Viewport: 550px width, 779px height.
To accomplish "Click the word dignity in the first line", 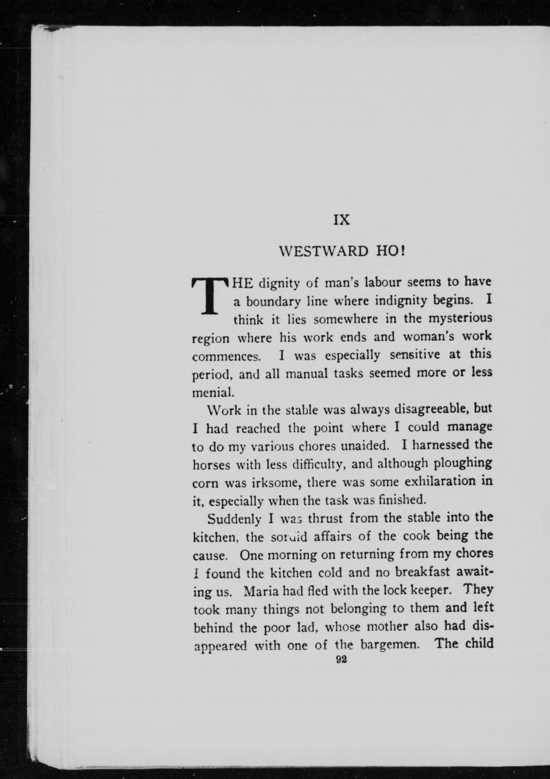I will click(x=279, y=283).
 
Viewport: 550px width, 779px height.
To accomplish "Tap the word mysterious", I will click(x=460, y=319).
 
